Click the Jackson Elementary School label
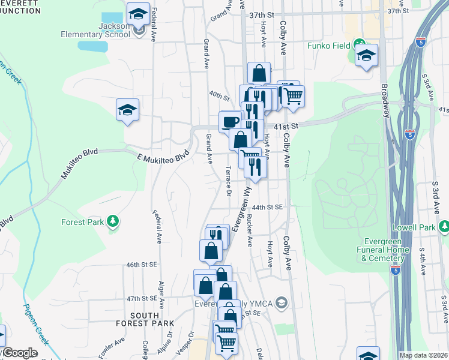click(95, 30)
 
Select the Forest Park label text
click(82, 222)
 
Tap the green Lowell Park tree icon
click(444, 226)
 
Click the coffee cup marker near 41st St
click(231, 122)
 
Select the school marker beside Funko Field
click(366, 56)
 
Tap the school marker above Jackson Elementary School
click(139, 13)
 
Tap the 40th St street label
click(220, 96)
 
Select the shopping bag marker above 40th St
click(259, 73)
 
